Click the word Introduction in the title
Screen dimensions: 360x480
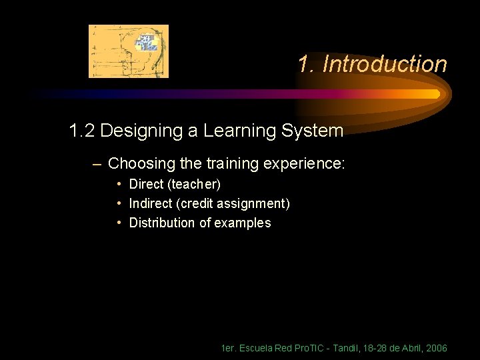384,65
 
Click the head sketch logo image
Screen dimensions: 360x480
129,51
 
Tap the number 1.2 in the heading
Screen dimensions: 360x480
82,131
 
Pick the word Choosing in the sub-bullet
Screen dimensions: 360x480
137,163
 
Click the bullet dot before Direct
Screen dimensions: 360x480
119,183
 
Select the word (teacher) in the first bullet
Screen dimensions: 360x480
195,184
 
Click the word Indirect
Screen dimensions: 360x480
151,203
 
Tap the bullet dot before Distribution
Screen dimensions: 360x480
119,223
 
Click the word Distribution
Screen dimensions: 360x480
162,223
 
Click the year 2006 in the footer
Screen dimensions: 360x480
436,349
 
